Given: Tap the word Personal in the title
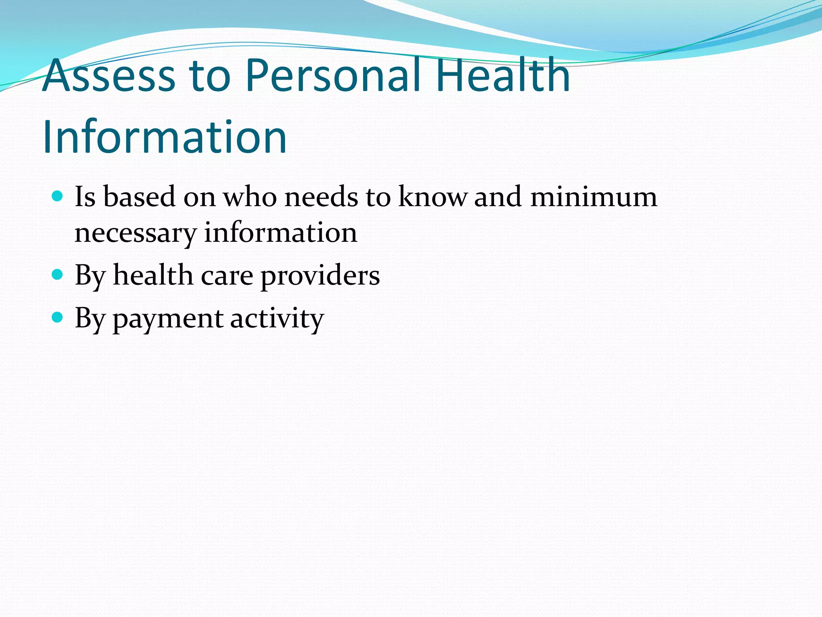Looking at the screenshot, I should [x=333, y=76].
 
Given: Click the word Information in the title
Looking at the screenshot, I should [x=165, y=137].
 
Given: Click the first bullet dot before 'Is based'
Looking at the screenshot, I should [x=58, y=196].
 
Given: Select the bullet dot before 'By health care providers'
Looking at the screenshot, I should [x=58, y=275].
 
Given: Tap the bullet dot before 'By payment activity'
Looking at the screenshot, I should [x=58, y=318].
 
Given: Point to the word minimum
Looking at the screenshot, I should [x=594, y=197].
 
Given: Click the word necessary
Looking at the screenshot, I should [x=135, y=233].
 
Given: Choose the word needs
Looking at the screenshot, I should [x=321, y=197].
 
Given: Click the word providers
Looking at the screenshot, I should [x=320, y=276].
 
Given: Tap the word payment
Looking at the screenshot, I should [x=168, y=319].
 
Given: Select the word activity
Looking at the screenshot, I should [x=277, y=319].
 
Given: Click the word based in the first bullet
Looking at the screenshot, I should [x=139, y=197].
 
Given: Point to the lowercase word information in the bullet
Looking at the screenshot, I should [x=281, y=233].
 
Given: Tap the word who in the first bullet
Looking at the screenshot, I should [x=250, y=197].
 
